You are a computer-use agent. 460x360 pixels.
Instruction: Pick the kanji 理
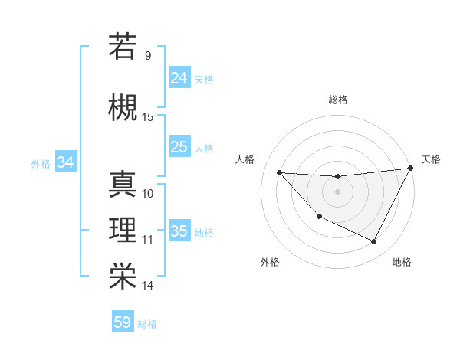tap(123, 229)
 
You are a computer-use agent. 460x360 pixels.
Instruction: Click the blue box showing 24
tap(179, 78)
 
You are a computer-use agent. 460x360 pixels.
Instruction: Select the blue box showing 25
tap(179, 147)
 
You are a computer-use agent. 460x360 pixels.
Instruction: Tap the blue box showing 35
tap(179, 231)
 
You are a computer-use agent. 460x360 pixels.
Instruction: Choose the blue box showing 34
tap(66, 162)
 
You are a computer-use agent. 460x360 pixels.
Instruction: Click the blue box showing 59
tap(123, 322)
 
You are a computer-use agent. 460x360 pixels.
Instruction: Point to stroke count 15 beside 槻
tap(148, 117)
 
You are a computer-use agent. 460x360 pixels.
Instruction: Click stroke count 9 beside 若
tap(148, 56)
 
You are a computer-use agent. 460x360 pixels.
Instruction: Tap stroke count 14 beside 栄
tap(148, 286)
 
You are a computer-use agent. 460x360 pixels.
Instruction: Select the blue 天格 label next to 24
tap(204, 79)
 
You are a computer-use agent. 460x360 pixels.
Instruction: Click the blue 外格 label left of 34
tap(41, 163)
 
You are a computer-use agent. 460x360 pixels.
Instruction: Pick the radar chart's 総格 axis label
tap(337, 100)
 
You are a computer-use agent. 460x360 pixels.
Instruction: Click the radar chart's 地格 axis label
tap(402, 262)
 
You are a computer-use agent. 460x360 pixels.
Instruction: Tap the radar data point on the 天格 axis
tap(411, 169)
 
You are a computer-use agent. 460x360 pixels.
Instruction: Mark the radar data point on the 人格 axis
tap(279, 172)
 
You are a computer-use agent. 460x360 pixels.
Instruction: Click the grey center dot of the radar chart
tap(337, 191)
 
